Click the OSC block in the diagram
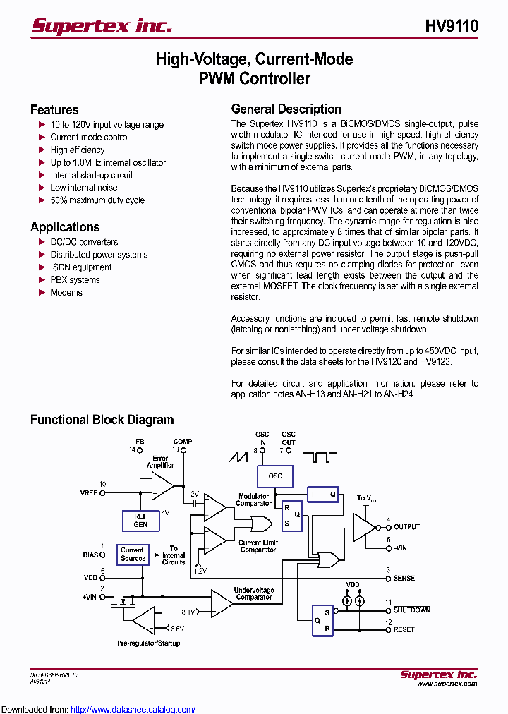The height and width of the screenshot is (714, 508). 275,476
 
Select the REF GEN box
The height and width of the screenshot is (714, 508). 140,521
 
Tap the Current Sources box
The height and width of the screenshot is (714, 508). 132,555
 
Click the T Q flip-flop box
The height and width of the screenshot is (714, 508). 323,495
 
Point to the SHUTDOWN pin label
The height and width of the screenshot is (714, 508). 412,610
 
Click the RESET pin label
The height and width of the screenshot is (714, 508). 404,629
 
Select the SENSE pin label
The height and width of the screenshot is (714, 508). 404,578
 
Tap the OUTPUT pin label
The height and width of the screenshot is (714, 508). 406,527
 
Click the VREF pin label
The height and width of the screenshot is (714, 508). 90,493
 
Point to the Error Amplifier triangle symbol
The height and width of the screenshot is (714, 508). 162,485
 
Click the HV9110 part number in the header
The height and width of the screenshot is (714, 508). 452,27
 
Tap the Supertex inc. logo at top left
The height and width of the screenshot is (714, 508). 102,26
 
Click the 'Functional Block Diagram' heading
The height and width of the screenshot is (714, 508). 102,420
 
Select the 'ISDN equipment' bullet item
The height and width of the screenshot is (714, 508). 80,267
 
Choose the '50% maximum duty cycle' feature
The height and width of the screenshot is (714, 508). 97,200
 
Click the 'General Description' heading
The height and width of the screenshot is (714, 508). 286,109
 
